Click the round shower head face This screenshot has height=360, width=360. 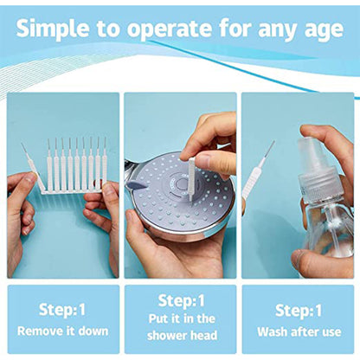click(170, 192)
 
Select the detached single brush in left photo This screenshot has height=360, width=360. click(32, 165)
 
